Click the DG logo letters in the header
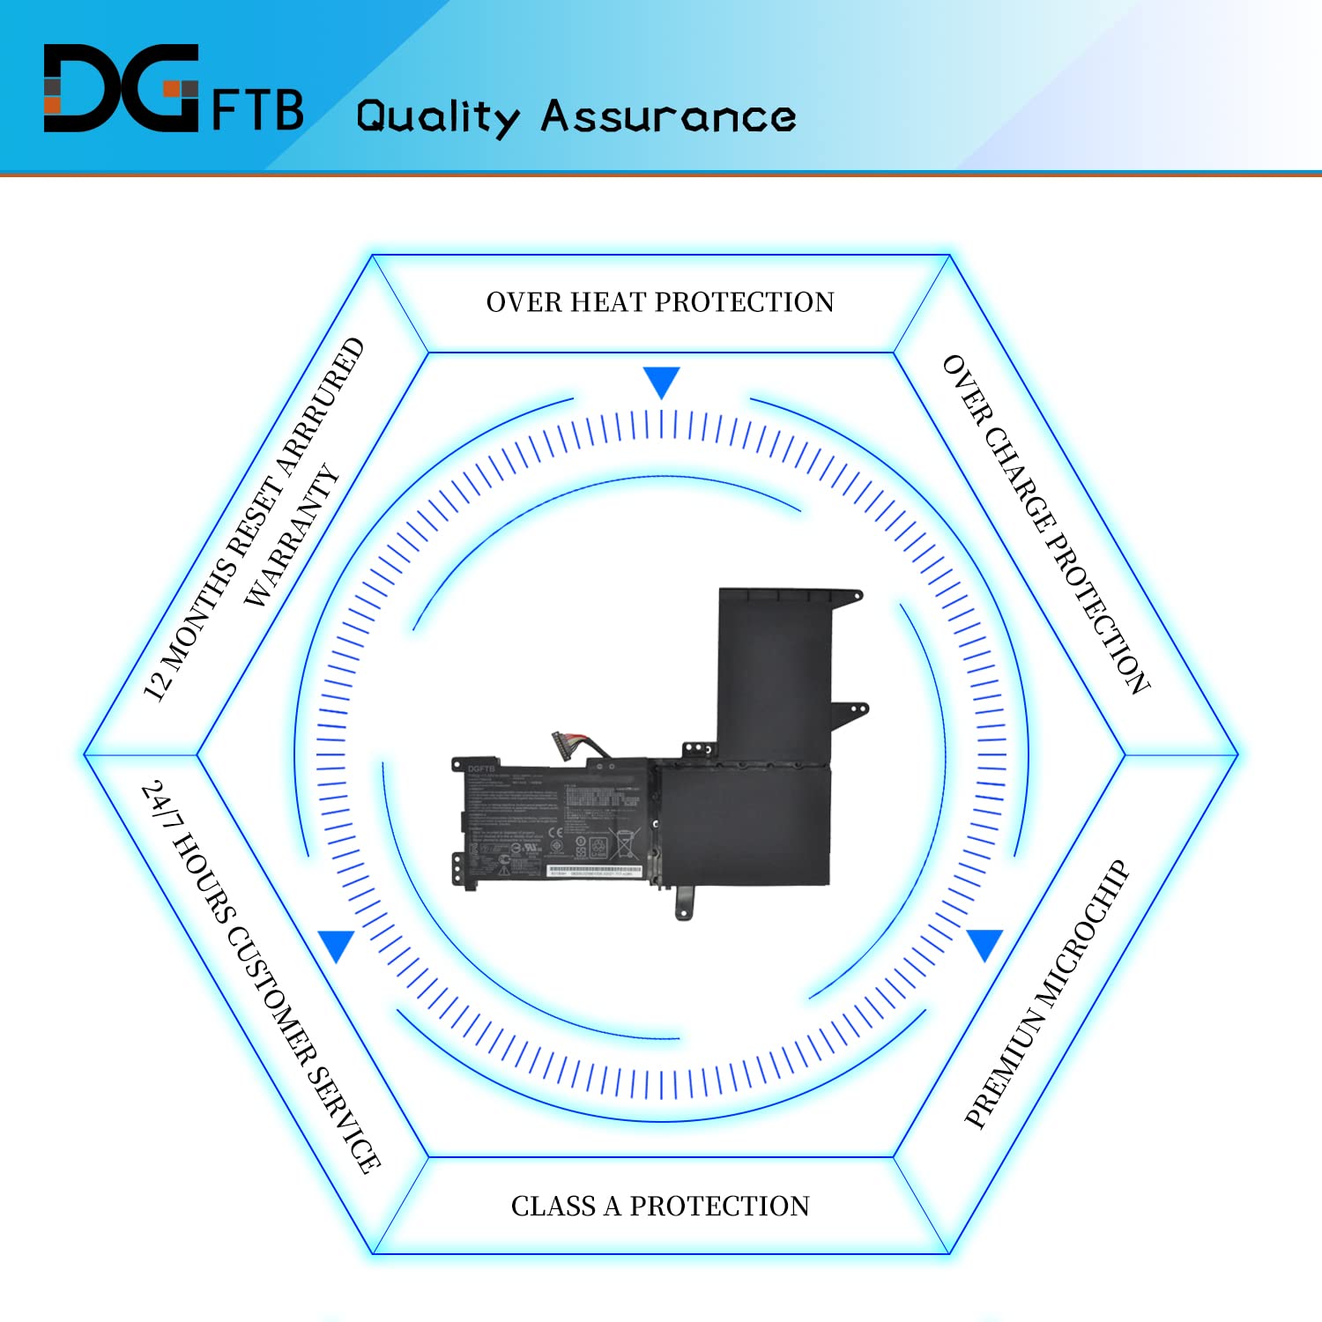point(121,88)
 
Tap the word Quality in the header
point(437,118)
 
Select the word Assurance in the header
point(668,116)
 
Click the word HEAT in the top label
point(607,302)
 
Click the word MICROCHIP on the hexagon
point(1082,933)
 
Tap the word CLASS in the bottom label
point(553,1206)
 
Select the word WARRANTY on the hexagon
point(291,536)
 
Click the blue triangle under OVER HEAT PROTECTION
point(661,382)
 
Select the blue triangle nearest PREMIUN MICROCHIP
point(984,943)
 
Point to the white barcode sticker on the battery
point(593,871)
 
